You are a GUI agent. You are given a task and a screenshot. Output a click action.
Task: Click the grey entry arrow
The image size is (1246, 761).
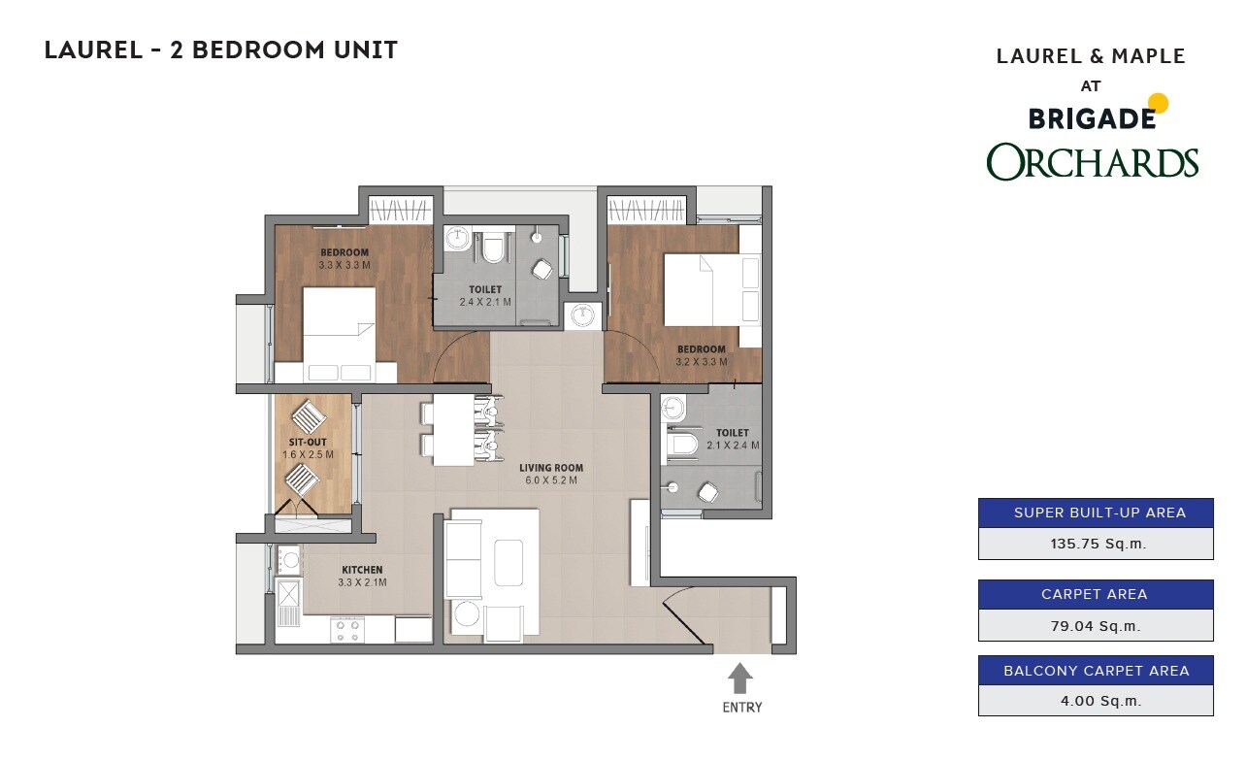tap(739, 677)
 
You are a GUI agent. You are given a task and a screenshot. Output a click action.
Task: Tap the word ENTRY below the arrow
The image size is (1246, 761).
tap(742, 708)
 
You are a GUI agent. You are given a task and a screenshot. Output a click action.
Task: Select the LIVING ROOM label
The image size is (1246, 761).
tap(549, 468)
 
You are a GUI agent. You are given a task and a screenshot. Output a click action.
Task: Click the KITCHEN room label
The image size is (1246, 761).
tap(362, 570)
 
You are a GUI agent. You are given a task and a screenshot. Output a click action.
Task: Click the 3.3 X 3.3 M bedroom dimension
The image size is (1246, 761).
tap(344, 265)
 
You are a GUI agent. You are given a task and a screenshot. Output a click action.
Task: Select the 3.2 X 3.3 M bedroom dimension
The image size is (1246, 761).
tap(702, 362)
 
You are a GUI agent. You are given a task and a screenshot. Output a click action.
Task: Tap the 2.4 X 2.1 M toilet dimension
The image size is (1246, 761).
tap(485, 302)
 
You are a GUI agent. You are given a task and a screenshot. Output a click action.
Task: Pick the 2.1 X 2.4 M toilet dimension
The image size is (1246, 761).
tap(733, 446)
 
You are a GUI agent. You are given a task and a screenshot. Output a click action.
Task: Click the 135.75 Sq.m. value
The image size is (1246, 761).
tap(1096, 544)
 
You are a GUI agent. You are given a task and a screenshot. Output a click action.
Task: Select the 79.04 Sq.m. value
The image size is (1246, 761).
tap(1096, 626)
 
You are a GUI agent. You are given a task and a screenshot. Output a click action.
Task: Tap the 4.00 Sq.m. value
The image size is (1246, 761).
tap(1096, 700)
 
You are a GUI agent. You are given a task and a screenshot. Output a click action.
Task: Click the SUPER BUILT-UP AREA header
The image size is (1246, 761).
tap(1096, 513)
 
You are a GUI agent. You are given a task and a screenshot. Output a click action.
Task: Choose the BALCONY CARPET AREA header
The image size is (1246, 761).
tap(1096, 671)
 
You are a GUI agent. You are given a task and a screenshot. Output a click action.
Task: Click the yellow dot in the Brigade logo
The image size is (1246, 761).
tap(1158, 103)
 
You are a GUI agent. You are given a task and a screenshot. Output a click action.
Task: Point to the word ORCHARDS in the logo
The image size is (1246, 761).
tap(1093, 162)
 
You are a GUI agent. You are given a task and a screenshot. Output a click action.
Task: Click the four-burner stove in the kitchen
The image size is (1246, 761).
tap(347, 630)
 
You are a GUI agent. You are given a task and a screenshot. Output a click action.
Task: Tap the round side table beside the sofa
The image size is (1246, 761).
tap(468, 616)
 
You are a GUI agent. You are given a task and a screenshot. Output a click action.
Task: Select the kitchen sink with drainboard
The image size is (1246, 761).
tap(289, 601)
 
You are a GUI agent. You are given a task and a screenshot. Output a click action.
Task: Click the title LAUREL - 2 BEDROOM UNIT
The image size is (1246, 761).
tap(221, 50)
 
